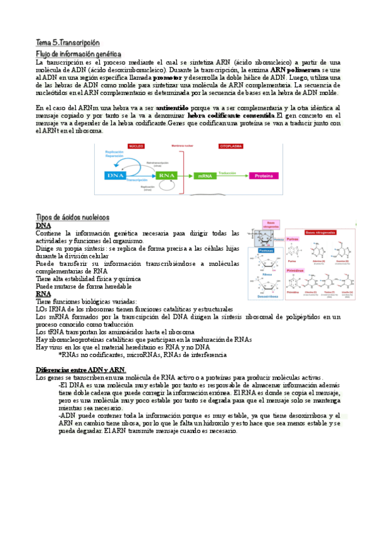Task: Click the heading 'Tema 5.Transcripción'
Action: click(x=67, y=43)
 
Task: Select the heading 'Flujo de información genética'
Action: click(x=78, y=54)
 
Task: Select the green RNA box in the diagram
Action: click(x=167, y=175)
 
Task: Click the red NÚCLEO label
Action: click(x=136, y=146)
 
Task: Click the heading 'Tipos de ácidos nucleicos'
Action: click(x=73, y=217)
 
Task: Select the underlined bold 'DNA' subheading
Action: click(x=43, y=225)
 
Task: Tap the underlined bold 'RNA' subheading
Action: click(x=43, y=293)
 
